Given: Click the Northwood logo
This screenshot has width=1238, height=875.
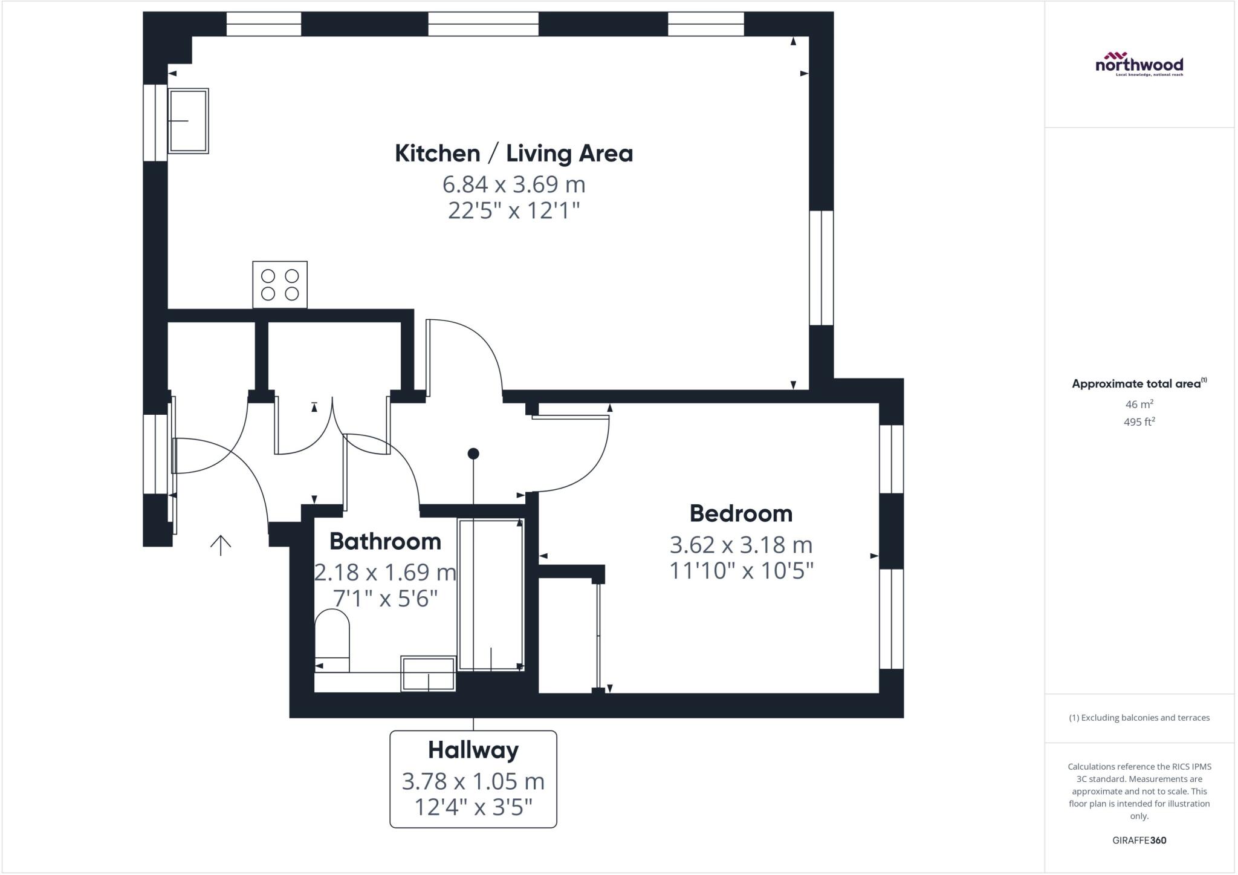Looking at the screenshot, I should (1139, 63).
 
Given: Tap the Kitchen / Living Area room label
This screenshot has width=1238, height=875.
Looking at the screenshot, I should (513, 154).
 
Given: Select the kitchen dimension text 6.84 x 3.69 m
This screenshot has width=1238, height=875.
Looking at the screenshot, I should (513, 184).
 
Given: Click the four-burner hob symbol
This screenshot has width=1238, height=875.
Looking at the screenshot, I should (279, 285).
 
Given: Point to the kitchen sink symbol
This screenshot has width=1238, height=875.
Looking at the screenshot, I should (188, 121).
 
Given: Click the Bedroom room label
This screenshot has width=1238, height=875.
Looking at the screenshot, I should (741, 513).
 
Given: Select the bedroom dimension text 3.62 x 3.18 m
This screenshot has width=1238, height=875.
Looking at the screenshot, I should (741, 545).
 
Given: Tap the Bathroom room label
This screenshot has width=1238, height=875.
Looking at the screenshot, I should (385, 541).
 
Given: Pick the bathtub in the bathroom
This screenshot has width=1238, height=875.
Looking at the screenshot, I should (490, 594).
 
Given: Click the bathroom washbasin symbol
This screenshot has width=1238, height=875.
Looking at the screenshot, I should (428, 674).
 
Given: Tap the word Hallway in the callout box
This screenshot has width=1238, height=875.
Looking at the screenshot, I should (473, 750).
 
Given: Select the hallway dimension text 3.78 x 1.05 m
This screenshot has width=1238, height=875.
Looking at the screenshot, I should (473, 781).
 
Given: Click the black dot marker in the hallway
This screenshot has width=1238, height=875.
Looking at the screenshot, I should (473, 454).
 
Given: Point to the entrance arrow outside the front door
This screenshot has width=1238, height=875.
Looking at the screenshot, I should (221, 545).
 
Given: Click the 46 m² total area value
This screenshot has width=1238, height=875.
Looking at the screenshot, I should (1139, 404).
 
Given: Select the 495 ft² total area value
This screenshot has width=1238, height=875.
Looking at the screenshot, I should (1139, 422).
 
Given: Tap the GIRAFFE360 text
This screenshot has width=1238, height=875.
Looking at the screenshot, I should (1139, 840).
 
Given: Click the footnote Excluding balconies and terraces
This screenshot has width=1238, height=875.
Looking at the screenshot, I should (1139, 718).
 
